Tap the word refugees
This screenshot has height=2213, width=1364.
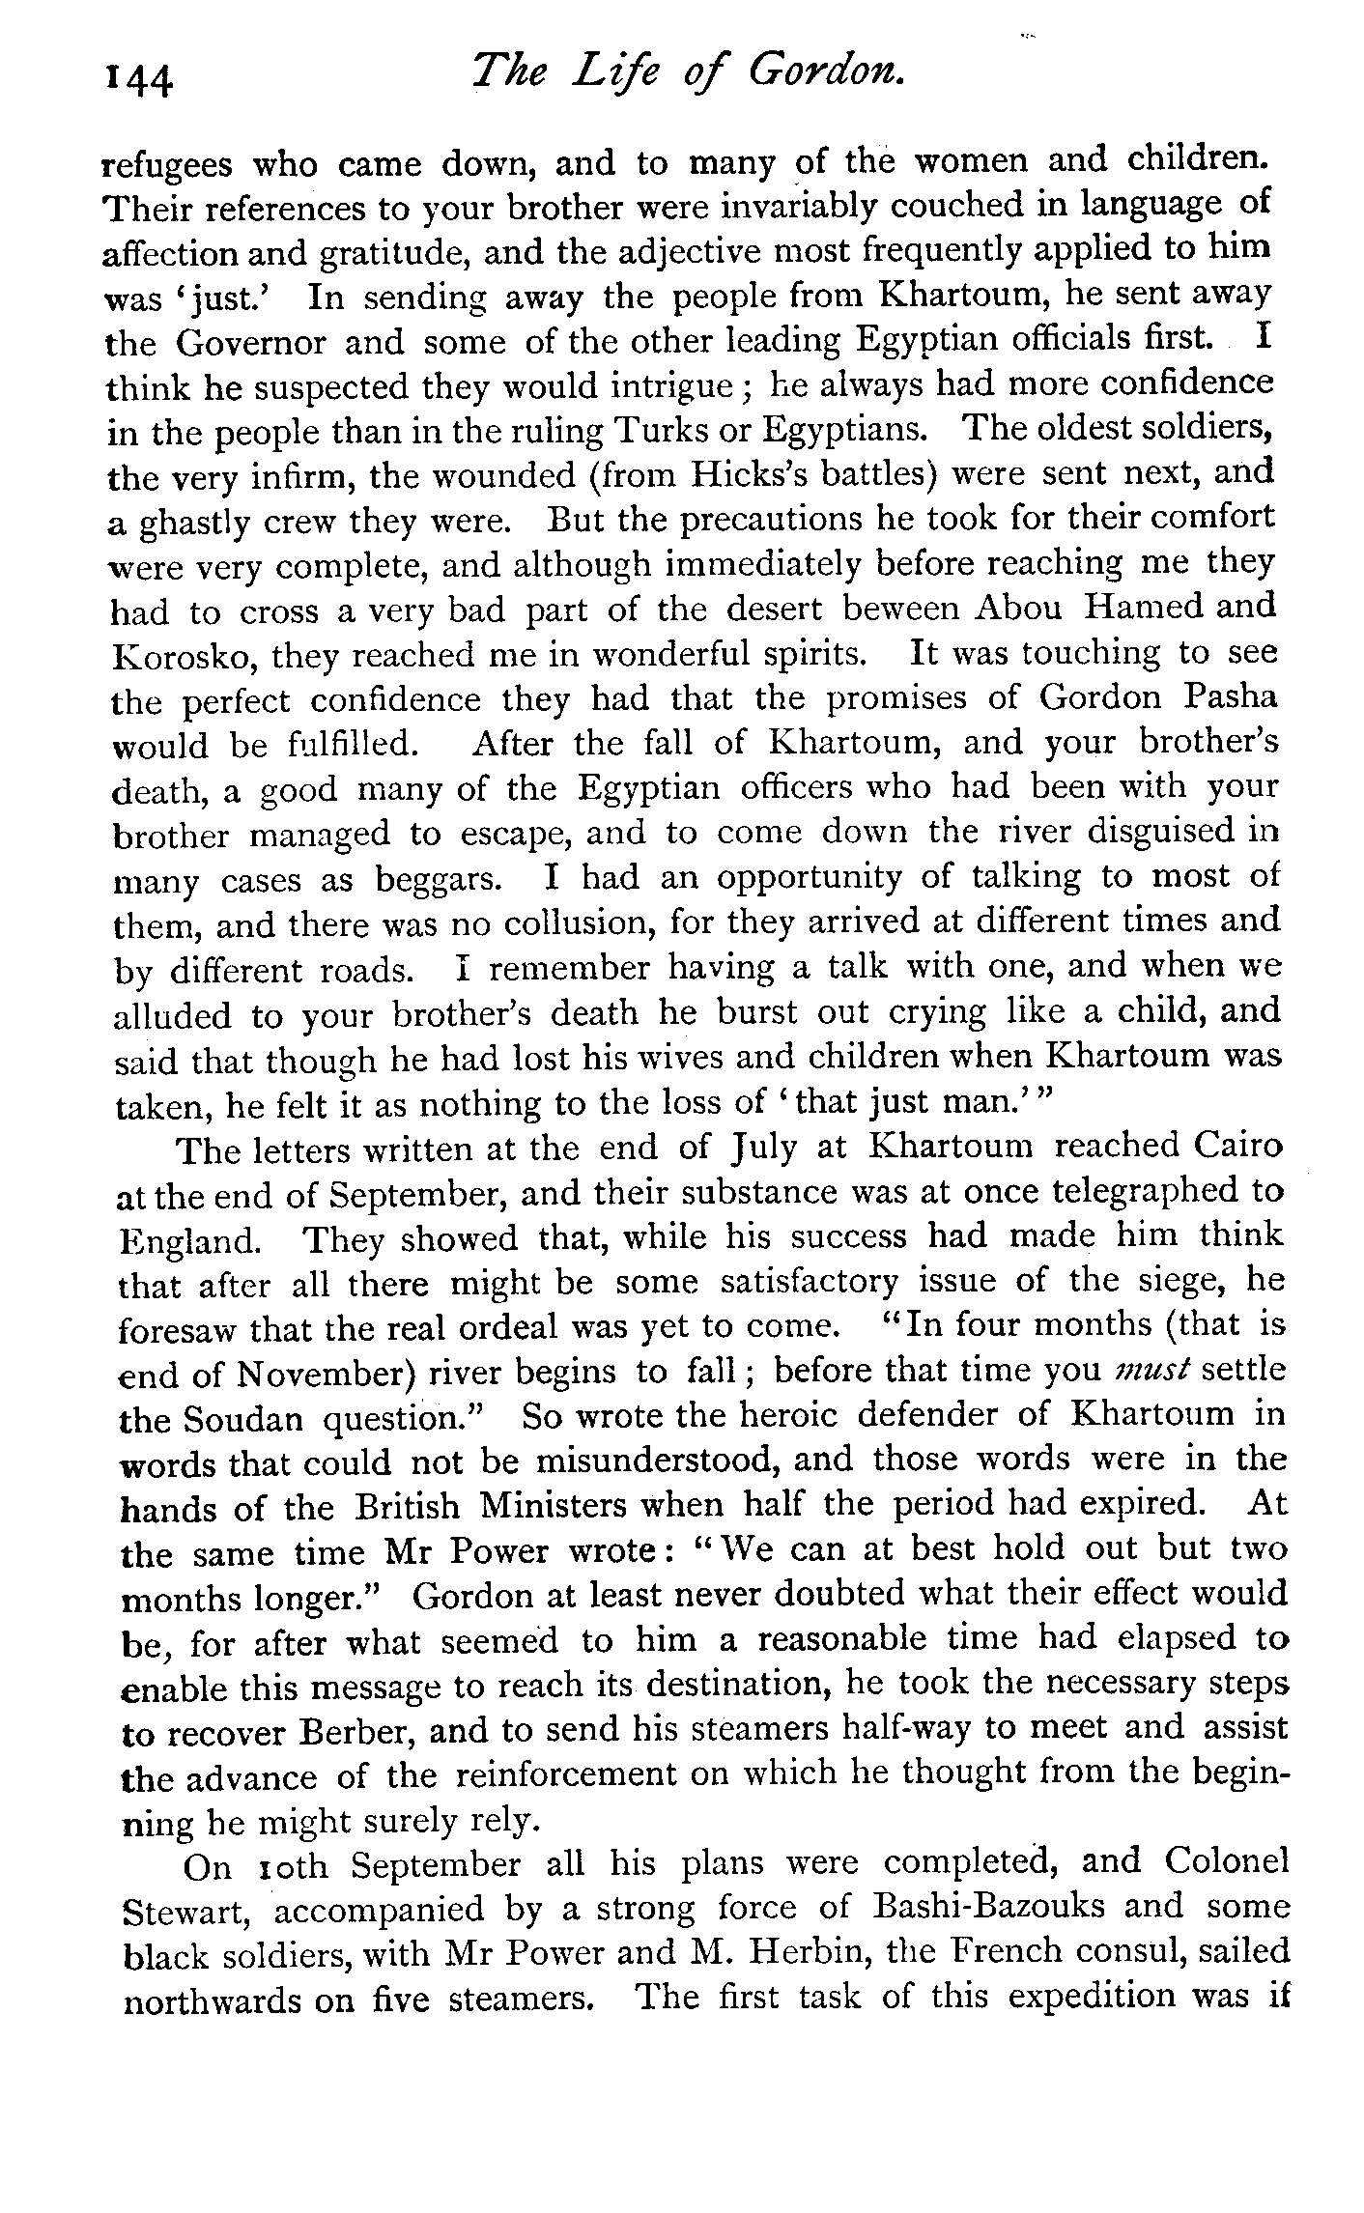tap(167, 165)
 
